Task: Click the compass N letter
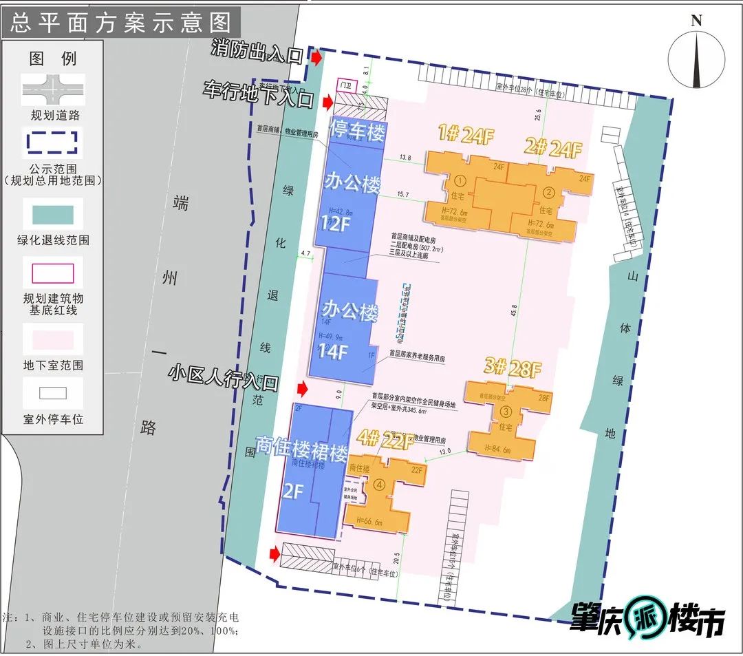tap(696, 21)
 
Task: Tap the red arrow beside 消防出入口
tap(316, 58)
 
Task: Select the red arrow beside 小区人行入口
tap(301, 388)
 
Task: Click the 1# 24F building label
tap(466, 136)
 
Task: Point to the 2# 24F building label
tap(554, 148)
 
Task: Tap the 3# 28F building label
tap(512, 368)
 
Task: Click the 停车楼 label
tap(357, 131)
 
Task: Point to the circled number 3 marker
tap(506, 412)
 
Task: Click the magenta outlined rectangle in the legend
tap(52, 273)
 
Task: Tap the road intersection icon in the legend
tap(52, 90)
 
